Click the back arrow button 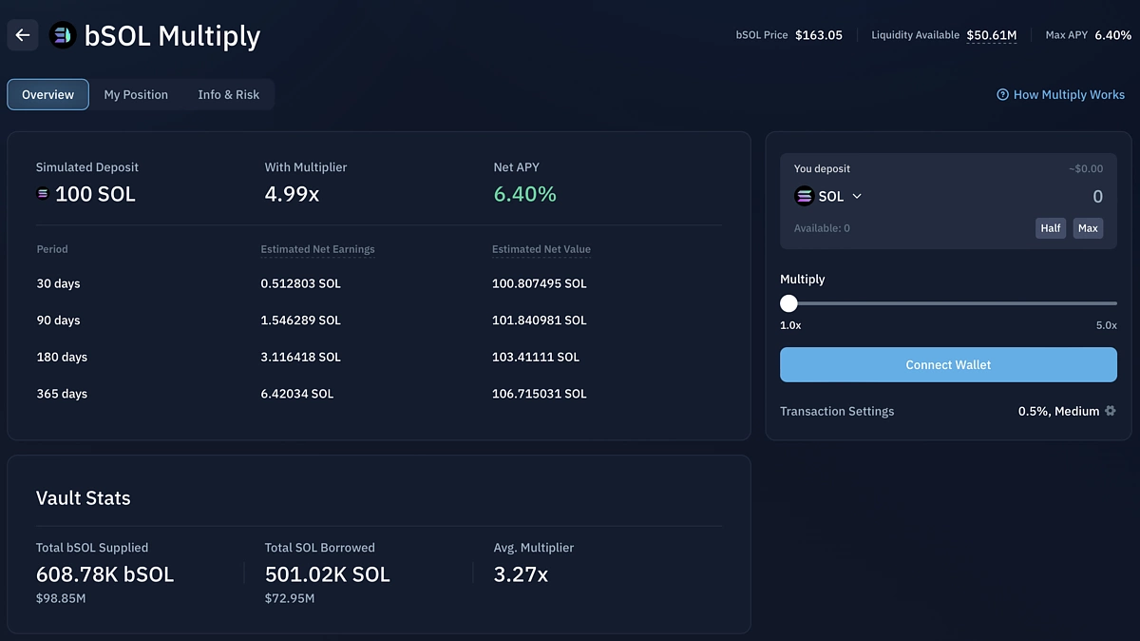pos(23,35)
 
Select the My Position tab pos(136,94)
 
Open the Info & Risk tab pos(228,94)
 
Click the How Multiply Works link pos(1060,94)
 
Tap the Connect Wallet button pos(948,364)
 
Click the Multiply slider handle pos(788,303)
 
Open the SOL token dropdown pos(829,196)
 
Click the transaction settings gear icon pos(1110,411)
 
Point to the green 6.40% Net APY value pos(524,194)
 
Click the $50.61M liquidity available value pos(991,35)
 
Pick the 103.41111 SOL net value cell pos(535,357)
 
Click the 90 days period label pos(58,320)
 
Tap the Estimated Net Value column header pos(541,249)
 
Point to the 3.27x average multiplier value pos(521,574)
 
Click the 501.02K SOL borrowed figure pos(327,574)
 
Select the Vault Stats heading pos(83,497)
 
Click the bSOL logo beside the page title pos(63,35)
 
